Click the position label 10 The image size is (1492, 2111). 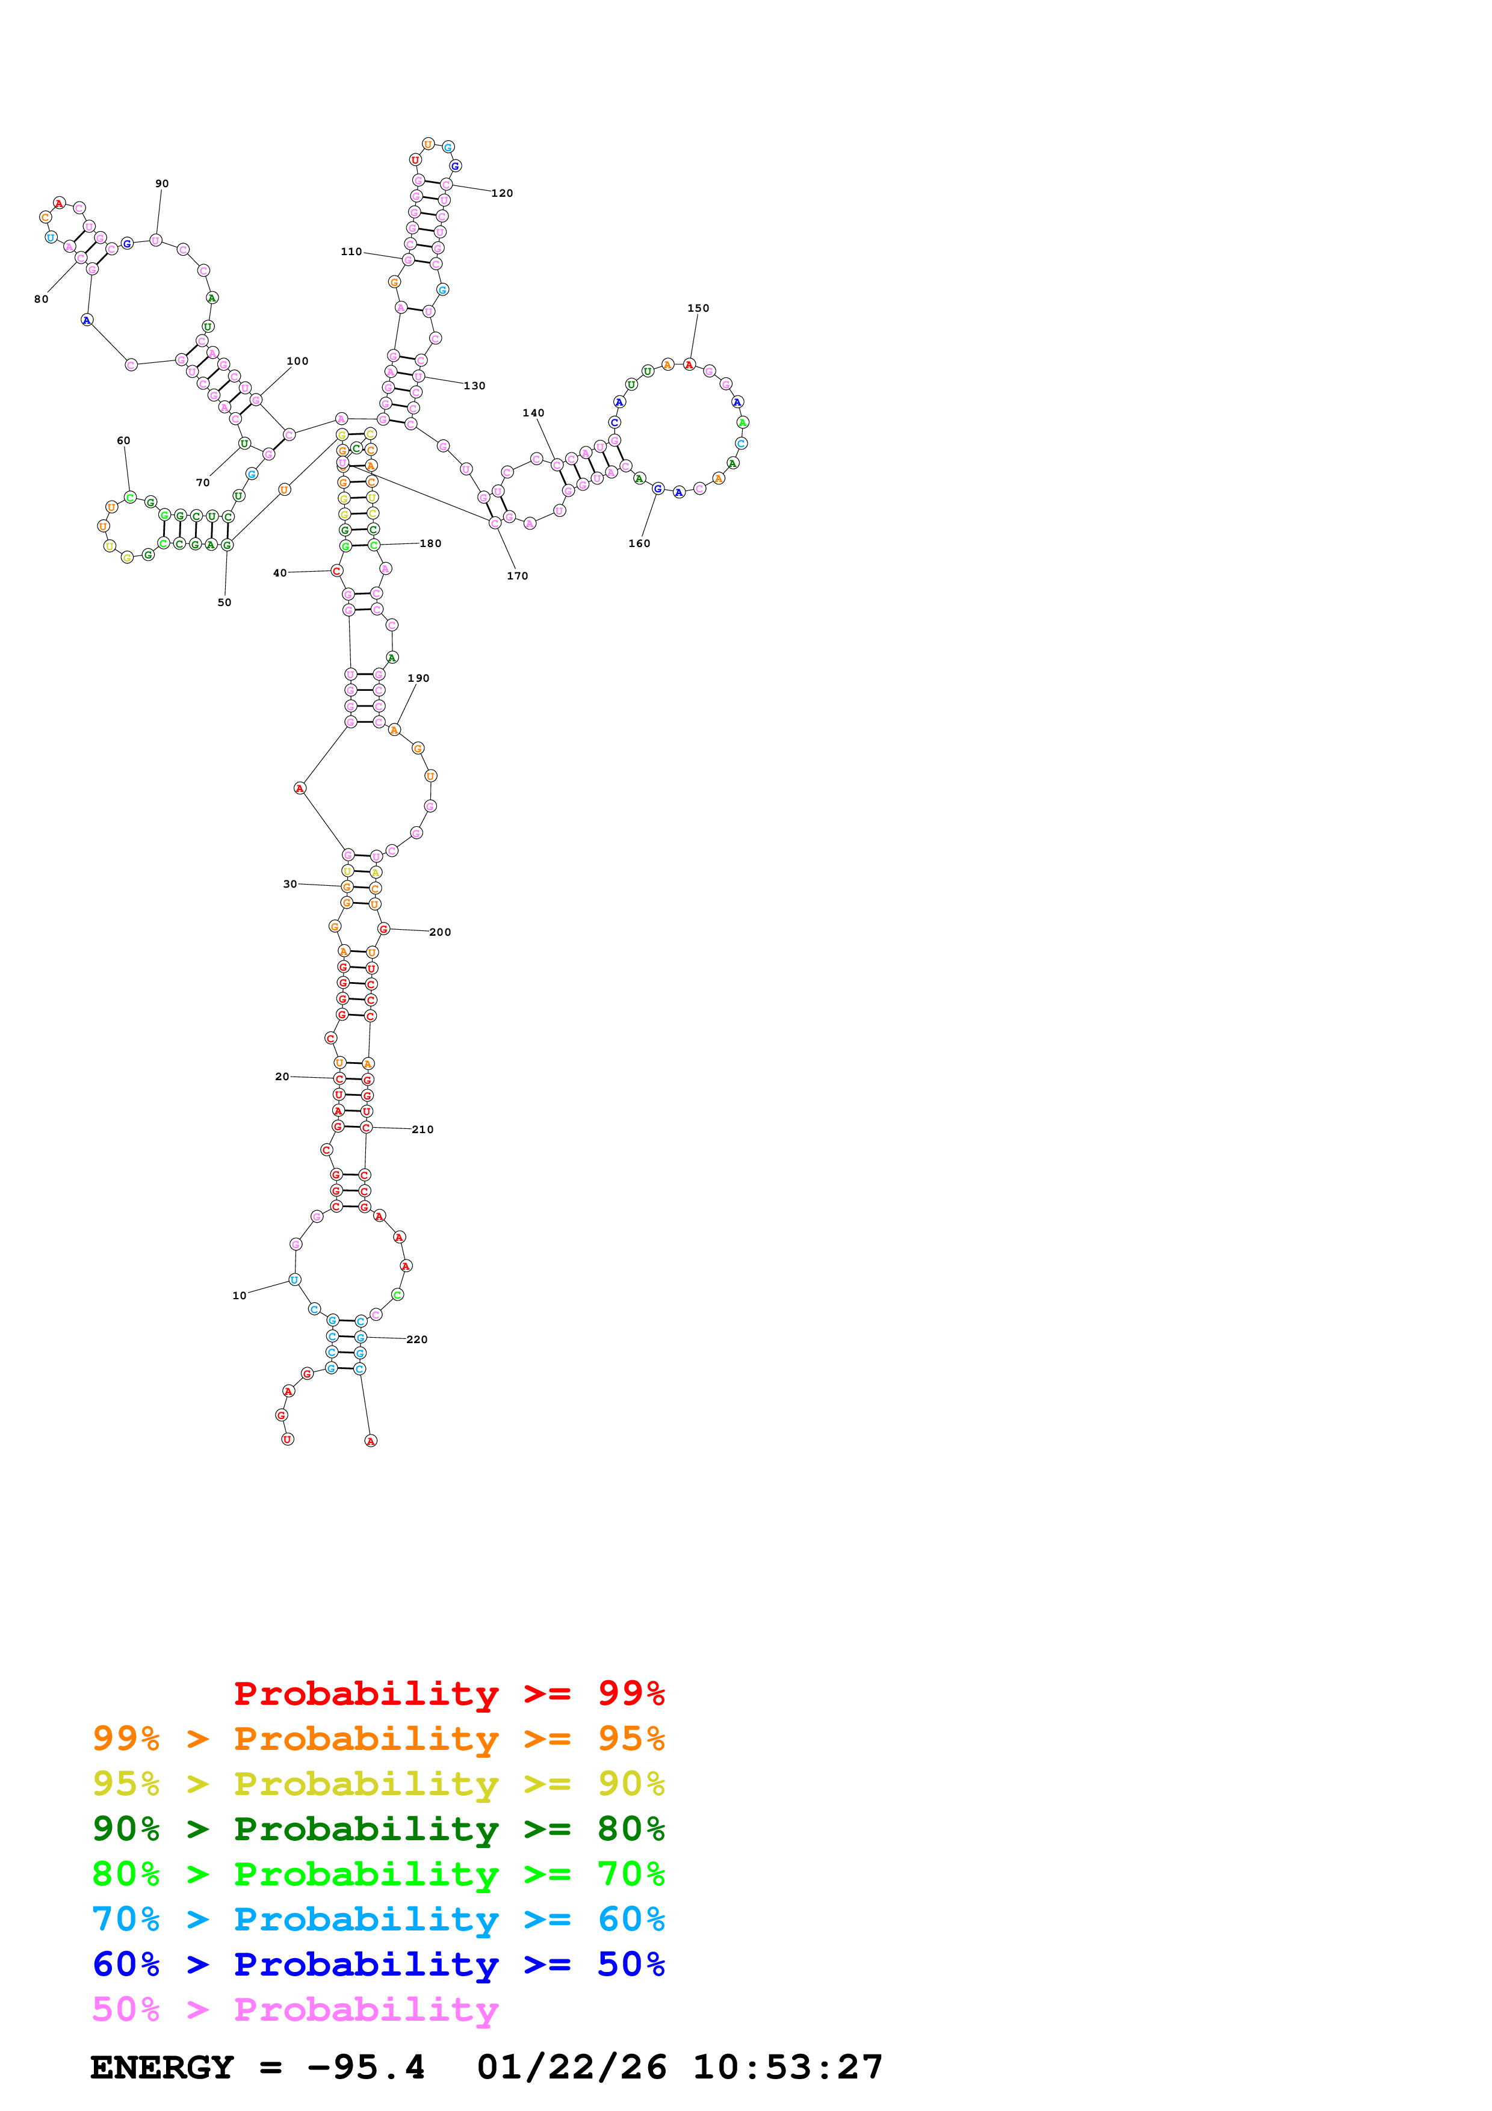tap(239, 1296)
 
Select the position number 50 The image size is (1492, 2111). tap(224, 602)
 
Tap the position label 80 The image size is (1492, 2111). tap(42, 299)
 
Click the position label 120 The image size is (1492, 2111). tap(502, 193)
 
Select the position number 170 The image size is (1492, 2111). tap(518, 575)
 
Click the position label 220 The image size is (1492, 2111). tap(416, 1340)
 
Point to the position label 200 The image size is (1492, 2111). tap(441, 932)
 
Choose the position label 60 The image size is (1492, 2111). tap(123, 440)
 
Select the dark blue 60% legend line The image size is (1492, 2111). tap(378, 1964)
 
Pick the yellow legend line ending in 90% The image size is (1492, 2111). tap(378, 1783)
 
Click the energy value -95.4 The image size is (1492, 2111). tap(366, 2068)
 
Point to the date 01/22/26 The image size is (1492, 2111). tap(571, 2068)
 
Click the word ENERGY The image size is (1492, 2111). tap(162, 2068)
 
